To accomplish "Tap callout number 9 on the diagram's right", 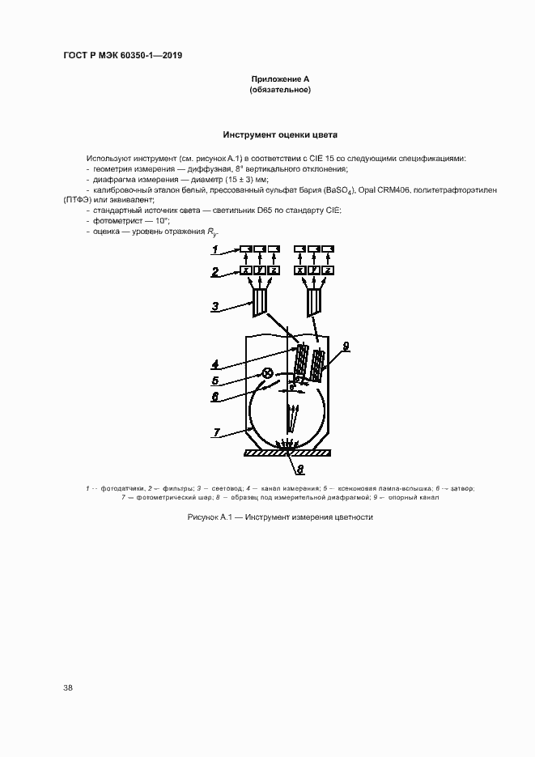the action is click(346, 346).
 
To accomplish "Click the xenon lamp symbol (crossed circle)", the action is click(267, 373).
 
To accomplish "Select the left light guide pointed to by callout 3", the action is click(261, 302).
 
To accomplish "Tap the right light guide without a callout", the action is click(313, 302).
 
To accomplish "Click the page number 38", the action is click(68, 687).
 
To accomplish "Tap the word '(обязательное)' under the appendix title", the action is click(280, 90).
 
